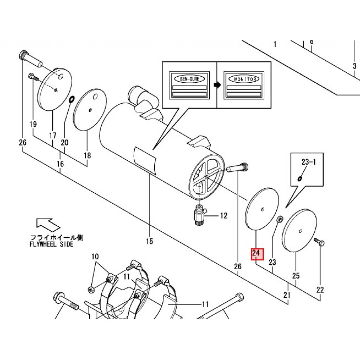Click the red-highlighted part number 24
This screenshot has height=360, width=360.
256,253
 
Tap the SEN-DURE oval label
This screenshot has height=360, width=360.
189,79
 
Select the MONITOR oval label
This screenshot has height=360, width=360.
245,79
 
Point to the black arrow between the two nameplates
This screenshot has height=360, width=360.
217,85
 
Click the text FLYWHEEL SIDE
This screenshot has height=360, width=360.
52,244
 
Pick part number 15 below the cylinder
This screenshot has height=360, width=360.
149,241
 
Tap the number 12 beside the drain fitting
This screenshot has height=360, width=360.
224,216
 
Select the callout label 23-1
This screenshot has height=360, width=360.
308,162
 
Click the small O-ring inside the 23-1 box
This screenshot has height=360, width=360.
300,178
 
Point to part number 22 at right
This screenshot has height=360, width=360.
320,290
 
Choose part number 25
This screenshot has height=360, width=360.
296,276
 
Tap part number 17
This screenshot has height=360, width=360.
53,135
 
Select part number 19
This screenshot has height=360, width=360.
33,124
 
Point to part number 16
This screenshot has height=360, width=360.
60,164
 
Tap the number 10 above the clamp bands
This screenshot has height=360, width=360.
95,257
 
